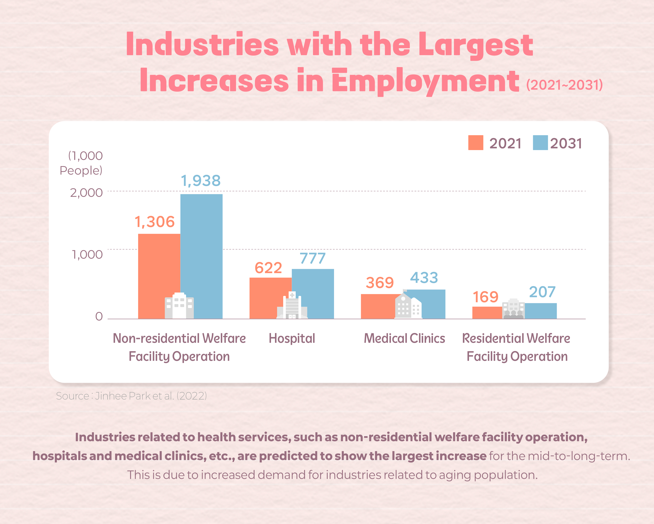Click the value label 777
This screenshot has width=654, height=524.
click(312, 258)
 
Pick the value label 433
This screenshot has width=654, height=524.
click(424, 278)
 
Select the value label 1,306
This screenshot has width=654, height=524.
click(155, 222)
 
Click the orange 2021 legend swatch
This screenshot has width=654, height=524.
click(476, 143)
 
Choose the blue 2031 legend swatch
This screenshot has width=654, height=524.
click(540, 143)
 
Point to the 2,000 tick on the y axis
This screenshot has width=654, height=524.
click(86, 193)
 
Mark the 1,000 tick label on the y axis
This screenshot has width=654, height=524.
click(87, 254)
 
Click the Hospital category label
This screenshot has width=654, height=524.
click(292, 338)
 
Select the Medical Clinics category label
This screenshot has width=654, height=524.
click(404, 338)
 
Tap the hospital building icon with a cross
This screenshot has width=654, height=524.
click(292, 305)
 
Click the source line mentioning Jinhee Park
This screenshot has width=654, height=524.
click(131, 396)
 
